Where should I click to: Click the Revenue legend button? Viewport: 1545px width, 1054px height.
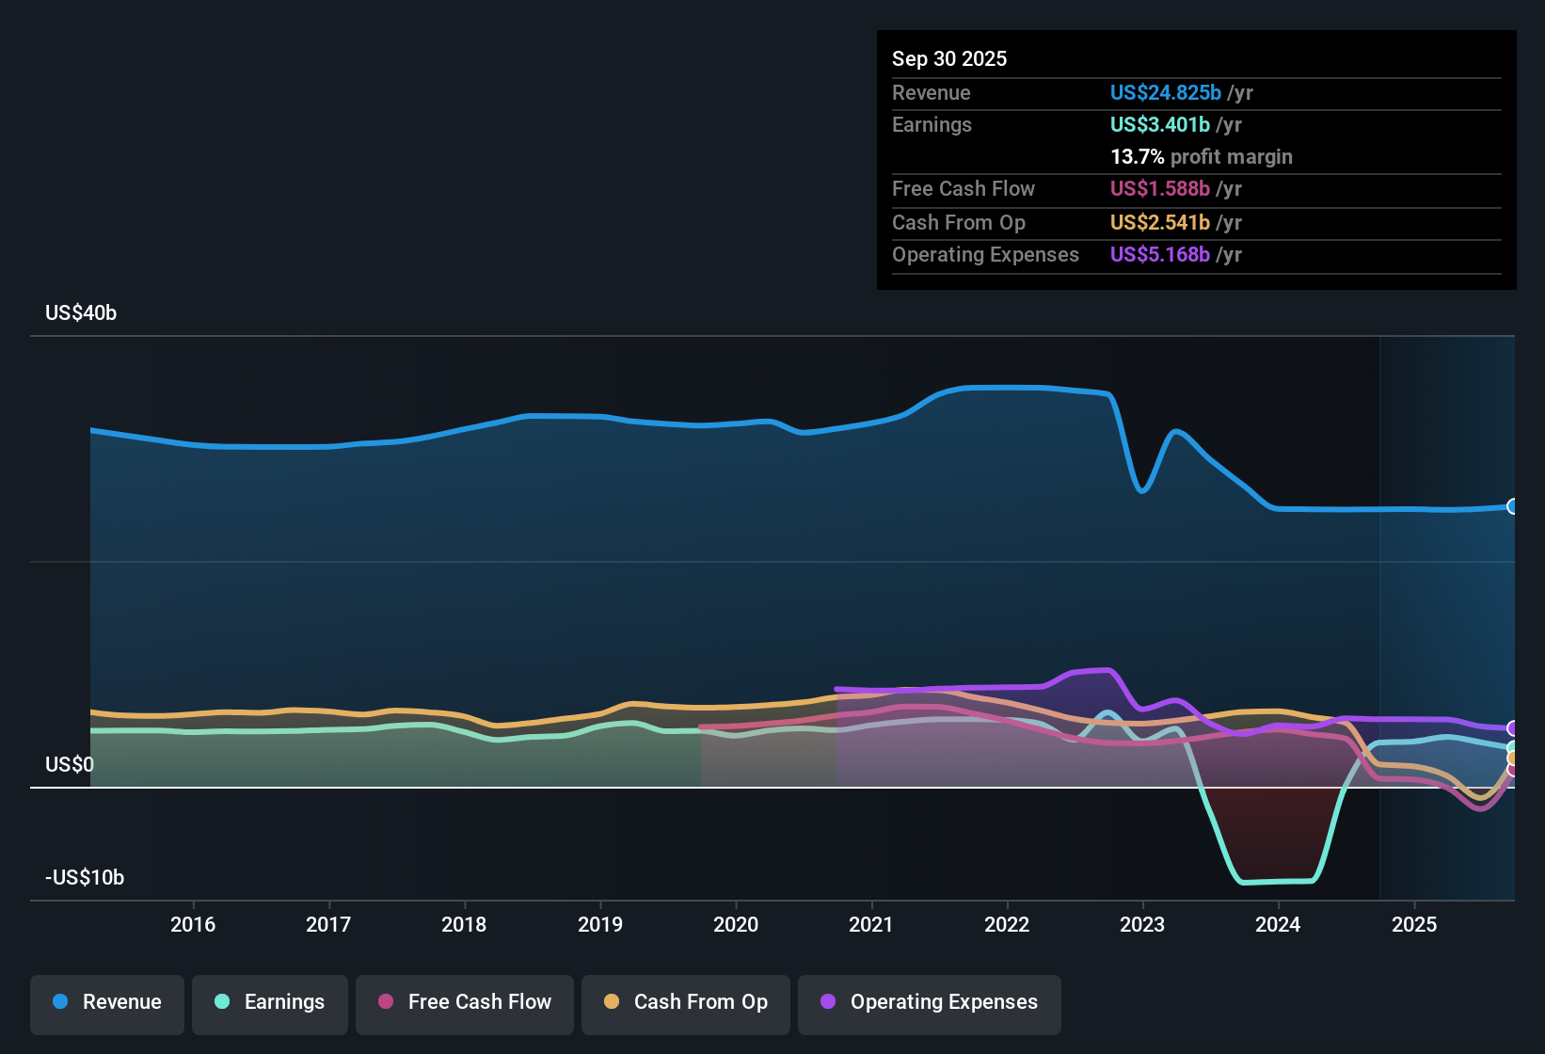tap(107, 1002)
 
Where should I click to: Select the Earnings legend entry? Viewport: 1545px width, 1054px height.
tap(269, 1002)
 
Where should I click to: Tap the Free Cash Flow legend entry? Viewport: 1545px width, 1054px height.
tap(465, 1002)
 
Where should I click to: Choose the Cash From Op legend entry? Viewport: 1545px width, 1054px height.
tap(686, 1002)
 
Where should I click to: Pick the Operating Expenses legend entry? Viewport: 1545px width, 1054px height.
tap(929, 1002)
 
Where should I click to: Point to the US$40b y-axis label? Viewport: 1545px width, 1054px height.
tap(81, 313)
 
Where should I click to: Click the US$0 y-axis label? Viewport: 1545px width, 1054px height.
tap(70, 764)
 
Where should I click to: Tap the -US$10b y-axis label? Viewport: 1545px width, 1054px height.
tap(85, 878)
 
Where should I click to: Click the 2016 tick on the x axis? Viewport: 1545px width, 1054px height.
tap(193, 924)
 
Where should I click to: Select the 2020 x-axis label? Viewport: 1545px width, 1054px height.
tap(736, 924)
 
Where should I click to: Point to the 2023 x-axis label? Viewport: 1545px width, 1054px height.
tap(1142, 924)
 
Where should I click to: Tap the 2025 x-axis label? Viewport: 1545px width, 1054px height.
tap(1413, 924)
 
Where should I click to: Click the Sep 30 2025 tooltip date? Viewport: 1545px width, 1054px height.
tap(948, 59)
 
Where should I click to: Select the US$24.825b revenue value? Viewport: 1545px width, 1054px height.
tap(1165, 93)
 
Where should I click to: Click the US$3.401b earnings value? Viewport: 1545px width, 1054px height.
tap(1159, 125)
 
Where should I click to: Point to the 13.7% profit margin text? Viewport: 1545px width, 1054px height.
tap(1201, 157)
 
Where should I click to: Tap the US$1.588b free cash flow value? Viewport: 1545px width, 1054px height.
tap(1159, 189)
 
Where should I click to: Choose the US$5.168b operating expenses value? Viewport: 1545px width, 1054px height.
tap(1159, 255)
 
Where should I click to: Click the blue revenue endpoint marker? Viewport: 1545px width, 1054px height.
tap(1512, 506)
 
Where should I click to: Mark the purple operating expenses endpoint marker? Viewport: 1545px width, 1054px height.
tap(1512, 728)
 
